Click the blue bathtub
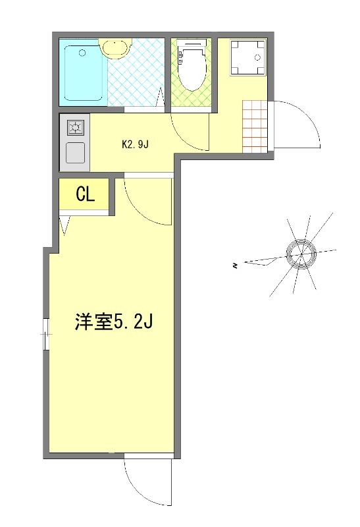83,72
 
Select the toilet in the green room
192,67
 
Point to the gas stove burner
74,127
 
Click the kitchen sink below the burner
74,152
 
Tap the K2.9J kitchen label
137,145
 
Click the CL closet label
86,194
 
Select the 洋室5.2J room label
113,323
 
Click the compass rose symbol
300,252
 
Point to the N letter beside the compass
234,266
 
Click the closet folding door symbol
64,226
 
